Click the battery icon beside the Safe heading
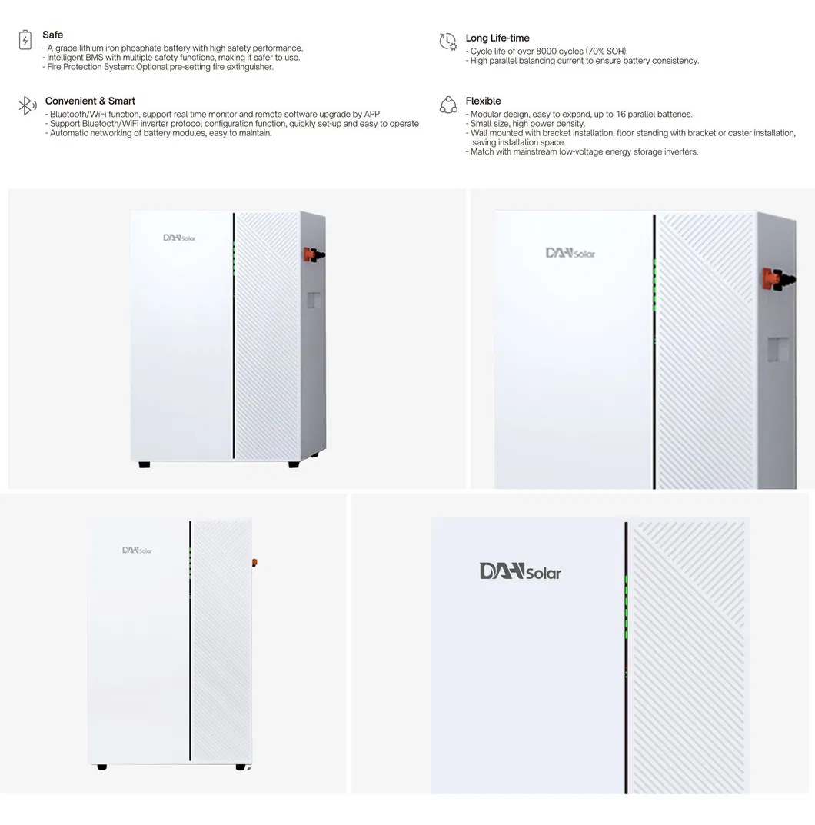click(x=25, y=40)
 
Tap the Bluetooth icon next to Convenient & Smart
click(x=27, y=106)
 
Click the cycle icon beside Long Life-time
click(x=447, y=42)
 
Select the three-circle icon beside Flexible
click(x=448, y=105)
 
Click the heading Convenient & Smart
click(x=90, y=101)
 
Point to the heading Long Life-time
click(x=497, y=38)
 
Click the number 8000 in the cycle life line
click(x=547, y=52)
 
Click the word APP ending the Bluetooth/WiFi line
click(x=371, y=115)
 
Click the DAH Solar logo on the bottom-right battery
click(x=520, y=571)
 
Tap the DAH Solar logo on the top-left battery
click(x=179, y=238)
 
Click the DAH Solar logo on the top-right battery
click(x=570, y=253)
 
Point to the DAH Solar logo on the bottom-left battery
click(x=137, y=551)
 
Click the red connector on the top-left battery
click(x=314, y=254)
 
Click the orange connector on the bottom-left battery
click(x=254, y=563)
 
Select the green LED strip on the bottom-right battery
click(x=626, y=607)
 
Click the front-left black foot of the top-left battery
click(x=145, y=465)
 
